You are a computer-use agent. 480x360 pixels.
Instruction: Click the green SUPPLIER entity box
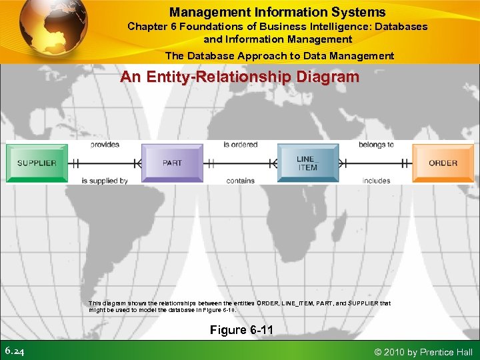(x=37, y=163)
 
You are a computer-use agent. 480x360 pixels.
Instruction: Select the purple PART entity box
(x=172, y=163)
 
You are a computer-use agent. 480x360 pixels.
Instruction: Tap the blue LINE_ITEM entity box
(x=307, y=163)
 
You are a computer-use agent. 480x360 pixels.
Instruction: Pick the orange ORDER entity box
(x=443, y=163)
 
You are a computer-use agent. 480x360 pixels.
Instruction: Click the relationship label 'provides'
(x=105, y=145)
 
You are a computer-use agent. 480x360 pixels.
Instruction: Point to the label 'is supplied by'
(x=105, y=181)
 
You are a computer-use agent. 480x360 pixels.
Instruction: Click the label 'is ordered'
(x=240, y=145)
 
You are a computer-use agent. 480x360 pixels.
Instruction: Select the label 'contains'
(x=240, y=181)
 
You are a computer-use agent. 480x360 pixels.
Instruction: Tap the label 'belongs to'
(x=376, y=145)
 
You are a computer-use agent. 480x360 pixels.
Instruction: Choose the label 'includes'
(x=376, y=181)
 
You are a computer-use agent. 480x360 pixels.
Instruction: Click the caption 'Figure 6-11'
(x=241, y=330)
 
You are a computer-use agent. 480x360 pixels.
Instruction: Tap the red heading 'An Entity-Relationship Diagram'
(x=239, y=77)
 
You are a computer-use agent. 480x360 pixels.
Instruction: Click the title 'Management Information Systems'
(x=277, y=12)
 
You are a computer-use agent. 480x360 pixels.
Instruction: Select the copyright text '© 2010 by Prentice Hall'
(x=424, y=352)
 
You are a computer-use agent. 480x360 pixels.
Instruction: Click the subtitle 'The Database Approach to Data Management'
(x=279, y=56)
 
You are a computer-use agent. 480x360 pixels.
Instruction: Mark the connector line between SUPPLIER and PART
(x=105, y=163)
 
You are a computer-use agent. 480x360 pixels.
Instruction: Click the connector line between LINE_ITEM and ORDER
(x=375, y=163)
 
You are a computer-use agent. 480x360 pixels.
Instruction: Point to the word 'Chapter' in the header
(x=149, y=27)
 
